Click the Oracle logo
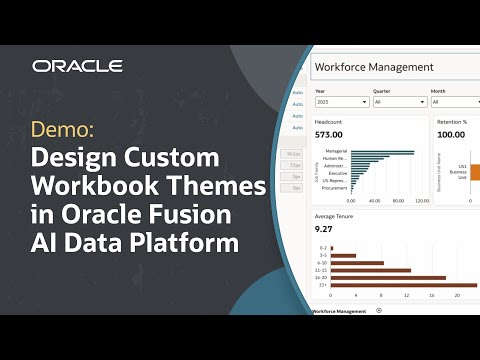[x=77, y=66]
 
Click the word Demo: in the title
[x=65, y=131]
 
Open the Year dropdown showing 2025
[x=341, y=102]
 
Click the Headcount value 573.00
[x=329, y=134]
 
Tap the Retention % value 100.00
[x=453, y=134]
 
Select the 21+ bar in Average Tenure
[x=395, y=286]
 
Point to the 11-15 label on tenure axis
[x=321, y=270]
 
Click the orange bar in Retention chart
[x=472, y=171]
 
